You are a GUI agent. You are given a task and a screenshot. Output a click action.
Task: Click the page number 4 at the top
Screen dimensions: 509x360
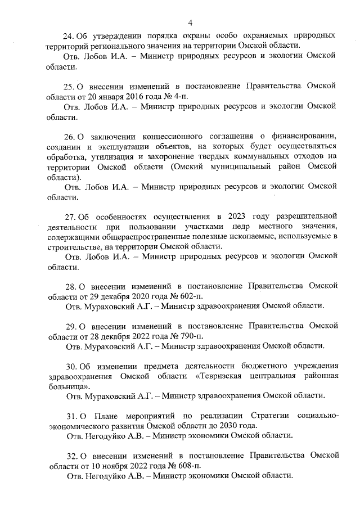coord(191,22)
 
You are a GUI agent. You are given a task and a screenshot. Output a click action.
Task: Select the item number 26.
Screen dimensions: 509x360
coord(70,136)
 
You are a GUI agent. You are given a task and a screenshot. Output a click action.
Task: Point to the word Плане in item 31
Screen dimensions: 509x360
coord(105,415)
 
